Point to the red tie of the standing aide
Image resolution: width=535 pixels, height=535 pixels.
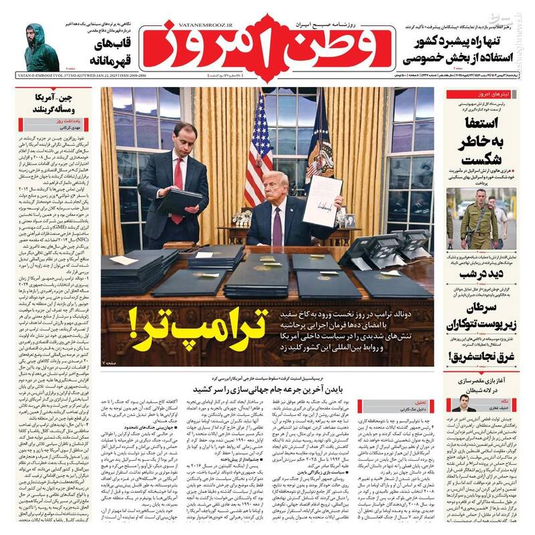[178, 184]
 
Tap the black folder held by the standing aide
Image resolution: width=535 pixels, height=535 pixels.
[177, 198]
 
